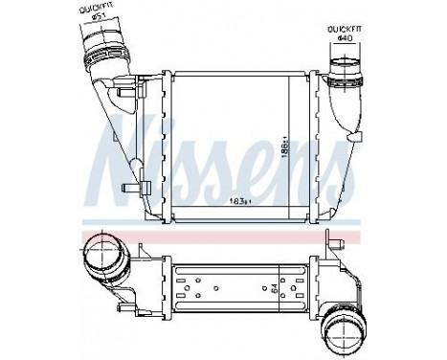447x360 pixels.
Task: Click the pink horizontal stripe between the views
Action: (x=220, y=233)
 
